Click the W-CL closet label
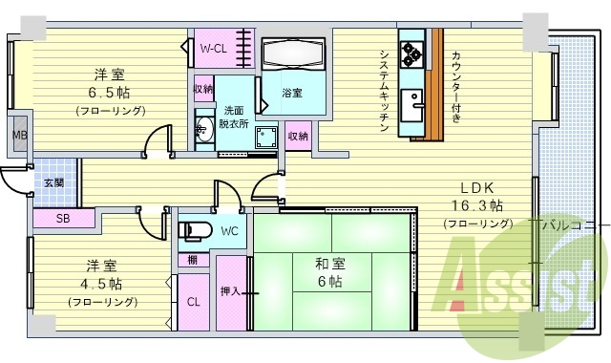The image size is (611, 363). (212, 47)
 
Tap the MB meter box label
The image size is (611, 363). (19, 135)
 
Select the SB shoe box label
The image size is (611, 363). (62, 219)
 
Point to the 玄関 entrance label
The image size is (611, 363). (53, 182)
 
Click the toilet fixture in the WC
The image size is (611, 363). (195, 231)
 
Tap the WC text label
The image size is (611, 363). (229, 231)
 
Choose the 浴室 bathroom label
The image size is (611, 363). (291, 93)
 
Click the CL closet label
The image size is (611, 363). (193, 302)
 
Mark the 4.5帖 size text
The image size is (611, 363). (101, 284)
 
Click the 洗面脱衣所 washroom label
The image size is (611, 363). (233, 117)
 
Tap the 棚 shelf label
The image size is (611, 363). (192, 260)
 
